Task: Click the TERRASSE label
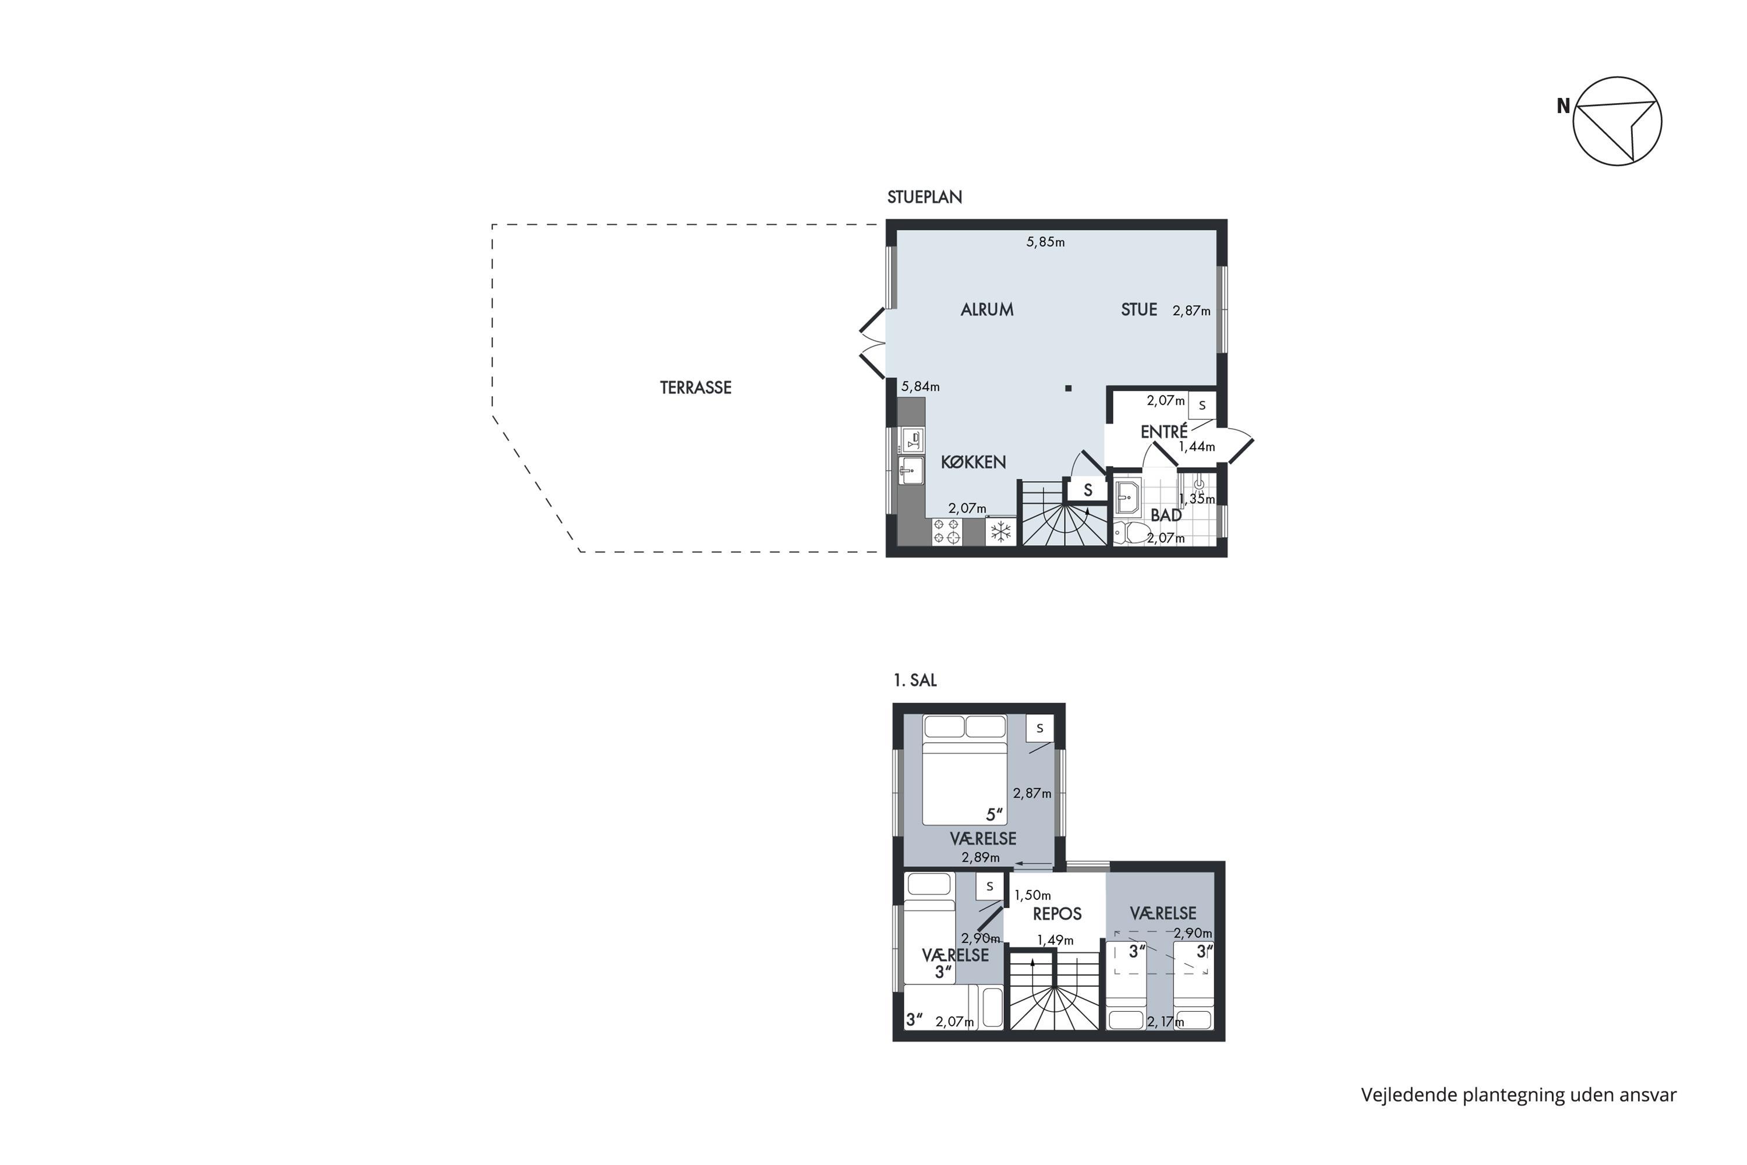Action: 695,387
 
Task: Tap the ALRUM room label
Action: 986,310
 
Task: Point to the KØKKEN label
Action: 973,462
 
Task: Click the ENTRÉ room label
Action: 1164,431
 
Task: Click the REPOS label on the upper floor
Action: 1057,914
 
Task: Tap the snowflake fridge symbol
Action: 1000,531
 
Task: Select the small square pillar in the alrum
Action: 1068,388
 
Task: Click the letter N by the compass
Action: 1563,106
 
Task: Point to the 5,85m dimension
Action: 1045,242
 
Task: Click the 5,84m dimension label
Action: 920,386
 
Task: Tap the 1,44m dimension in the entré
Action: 1197,447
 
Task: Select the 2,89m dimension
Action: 981,857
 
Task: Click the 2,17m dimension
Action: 1165,1022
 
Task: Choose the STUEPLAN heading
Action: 925,197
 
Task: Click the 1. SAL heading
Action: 915,680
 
